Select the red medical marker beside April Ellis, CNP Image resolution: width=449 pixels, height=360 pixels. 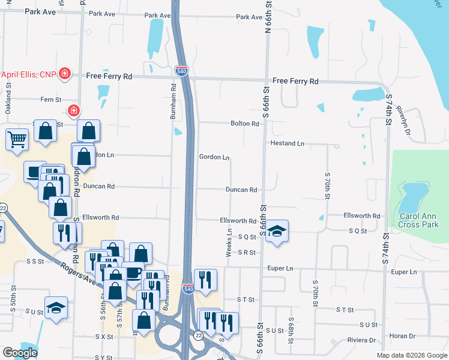65,75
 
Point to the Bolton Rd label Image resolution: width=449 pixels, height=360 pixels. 244,124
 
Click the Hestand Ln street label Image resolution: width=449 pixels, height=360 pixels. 288,143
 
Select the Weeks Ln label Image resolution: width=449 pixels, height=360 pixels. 229,242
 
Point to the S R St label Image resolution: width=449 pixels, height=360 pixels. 247,253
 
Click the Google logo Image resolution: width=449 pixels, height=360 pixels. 20,353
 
